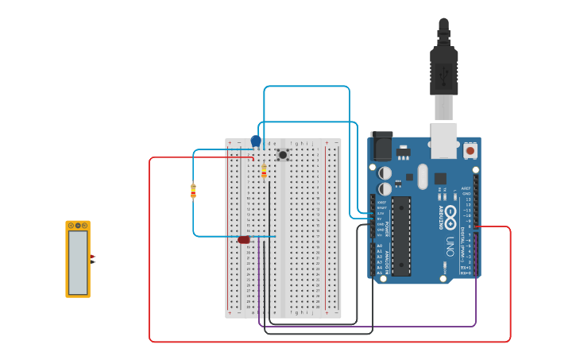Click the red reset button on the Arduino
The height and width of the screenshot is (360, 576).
(470, 149)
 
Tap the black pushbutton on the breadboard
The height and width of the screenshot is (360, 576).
(282, 154)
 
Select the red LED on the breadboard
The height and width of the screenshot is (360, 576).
(244, 239)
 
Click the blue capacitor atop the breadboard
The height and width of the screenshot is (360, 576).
(256, 141)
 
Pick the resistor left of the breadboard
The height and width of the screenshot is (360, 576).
(193, 191)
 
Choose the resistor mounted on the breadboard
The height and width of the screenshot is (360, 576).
(264, 172)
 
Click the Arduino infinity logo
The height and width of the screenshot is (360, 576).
(450, 215)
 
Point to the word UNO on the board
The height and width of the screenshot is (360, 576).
(450, 246)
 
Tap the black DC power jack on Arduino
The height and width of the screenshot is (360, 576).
(381, 146)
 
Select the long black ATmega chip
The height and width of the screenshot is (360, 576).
(401, 236)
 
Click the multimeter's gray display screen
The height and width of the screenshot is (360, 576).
(78, 262)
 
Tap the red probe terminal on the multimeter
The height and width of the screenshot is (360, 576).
(91, 256)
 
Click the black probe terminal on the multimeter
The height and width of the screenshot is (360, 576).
(91, 262)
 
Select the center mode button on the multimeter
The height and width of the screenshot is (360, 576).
(78, 226)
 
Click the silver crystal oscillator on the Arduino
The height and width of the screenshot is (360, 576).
(423, 176)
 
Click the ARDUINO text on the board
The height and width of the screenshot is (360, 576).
(441, 215)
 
